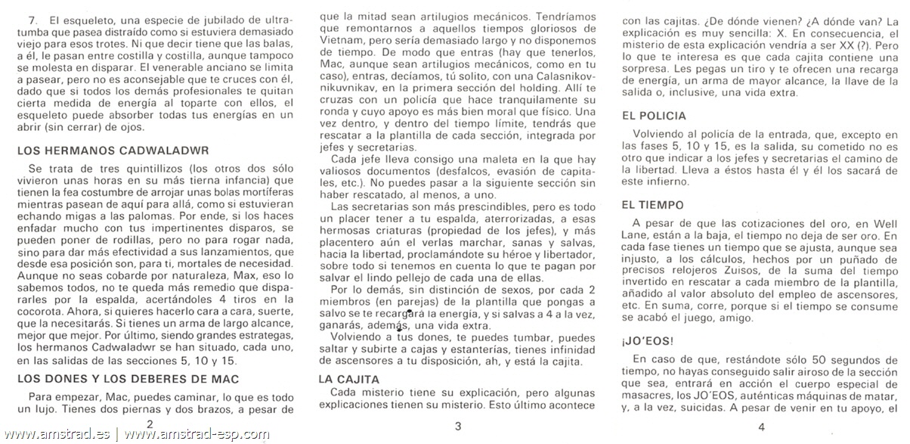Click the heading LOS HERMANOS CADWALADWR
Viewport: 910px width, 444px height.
(x=113, y=151)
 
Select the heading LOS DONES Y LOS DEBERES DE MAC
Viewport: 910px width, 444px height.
(x=128, y=378)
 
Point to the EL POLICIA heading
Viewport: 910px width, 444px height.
(x=654, y=116)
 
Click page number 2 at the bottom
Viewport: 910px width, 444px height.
(x=150, y=426)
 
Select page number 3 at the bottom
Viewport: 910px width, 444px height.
(x=457, y=426)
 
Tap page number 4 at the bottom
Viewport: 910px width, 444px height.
(x=761, y=426)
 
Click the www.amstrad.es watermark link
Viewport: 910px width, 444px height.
(x=57, y=435)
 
